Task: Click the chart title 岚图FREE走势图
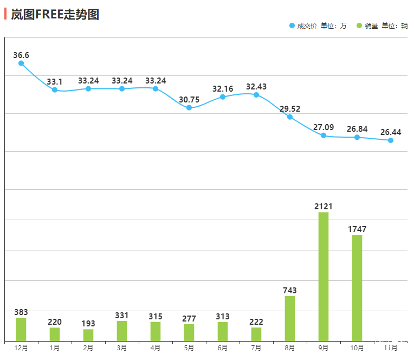(x=55, y=15)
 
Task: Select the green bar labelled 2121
(x=324, y=276)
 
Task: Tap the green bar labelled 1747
(x=357, y=287)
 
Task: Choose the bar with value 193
(x=88, y=335)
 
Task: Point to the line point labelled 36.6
(x=21, y=63)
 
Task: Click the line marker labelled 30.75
(x=189, y=108)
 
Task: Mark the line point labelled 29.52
(x=290, y=117)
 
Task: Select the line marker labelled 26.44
(x=391, y=140)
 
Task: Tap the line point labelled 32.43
(x=256, y=95)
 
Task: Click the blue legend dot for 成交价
(x=293, y=25)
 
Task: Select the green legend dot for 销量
(x=359, y=25)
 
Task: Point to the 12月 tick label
(x=21, y=348)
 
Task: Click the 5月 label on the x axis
(x=189, y=348)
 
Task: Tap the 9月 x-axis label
(x=324, y=348)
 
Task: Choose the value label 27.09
(x=324, y=128)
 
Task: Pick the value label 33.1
(x=55, y=82)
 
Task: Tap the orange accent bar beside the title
(x=5, y=14)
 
